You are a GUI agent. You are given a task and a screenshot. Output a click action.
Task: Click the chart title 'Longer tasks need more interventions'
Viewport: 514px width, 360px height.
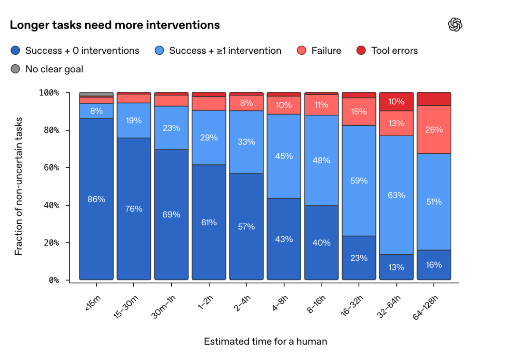(115, 25)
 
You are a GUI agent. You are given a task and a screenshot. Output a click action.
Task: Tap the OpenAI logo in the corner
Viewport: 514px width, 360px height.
(455, 25)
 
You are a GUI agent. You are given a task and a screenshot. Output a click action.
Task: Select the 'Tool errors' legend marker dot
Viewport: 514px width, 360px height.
(361, 50)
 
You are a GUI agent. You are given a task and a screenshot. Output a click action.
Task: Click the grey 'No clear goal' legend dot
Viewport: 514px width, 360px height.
(15, 69)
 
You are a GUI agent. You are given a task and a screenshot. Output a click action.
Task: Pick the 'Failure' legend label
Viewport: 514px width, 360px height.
(326, 50)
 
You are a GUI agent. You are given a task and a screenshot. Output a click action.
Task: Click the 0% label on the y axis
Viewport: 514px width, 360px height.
(54, 280)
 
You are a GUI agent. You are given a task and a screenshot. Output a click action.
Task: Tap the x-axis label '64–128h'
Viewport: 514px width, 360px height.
(425, 307)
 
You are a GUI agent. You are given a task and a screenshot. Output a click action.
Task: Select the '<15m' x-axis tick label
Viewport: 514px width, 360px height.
(93, 303)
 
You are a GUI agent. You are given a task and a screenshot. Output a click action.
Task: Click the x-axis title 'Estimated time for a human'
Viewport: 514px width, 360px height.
(266, 341)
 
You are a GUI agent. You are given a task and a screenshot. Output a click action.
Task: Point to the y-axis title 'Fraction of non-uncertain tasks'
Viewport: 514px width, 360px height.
(19, 186)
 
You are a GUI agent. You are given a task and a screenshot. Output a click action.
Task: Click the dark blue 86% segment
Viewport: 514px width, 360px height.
(96, 199)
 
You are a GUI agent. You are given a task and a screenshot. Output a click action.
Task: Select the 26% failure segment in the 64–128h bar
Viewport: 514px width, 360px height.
(434, 130)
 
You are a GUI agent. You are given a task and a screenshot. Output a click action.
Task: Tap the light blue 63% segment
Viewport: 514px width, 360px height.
(396, 195)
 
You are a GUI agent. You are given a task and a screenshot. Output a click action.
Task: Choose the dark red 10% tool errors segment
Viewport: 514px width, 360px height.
(396, 101)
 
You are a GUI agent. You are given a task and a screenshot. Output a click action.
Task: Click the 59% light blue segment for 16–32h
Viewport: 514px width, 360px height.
(359, 180)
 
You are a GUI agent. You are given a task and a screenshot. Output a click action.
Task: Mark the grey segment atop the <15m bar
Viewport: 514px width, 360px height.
(96, 94)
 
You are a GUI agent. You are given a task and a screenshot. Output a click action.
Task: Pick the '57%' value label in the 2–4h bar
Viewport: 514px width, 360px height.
(247, 227)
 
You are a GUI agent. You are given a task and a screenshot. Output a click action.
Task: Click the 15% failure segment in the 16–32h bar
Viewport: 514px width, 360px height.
(359, 111)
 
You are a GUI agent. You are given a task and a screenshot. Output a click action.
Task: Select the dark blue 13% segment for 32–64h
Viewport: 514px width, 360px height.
(396, 267)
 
